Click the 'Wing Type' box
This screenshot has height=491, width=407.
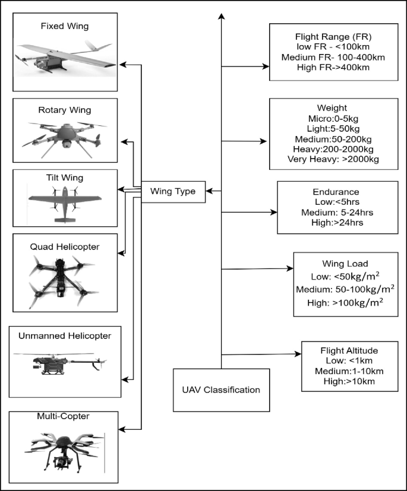[173, 191]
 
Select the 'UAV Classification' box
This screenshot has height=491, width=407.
[221, 390]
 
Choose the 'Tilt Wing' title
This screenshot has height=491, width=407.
[64, 178]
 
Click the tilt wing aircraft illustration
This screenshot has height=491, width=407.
[64, 203]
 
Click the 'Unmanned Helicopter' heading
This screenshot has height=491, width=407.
[64, 335]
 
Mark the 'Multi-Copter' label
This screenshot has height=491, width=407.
[62, 416]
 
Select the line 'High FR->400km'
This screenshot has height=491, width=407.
[332, 68]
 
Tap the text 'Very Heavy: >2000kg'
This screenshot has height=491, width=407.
[333, 159]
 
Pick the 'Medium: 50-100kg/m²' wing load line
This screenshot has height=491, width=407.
[345, 289]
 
